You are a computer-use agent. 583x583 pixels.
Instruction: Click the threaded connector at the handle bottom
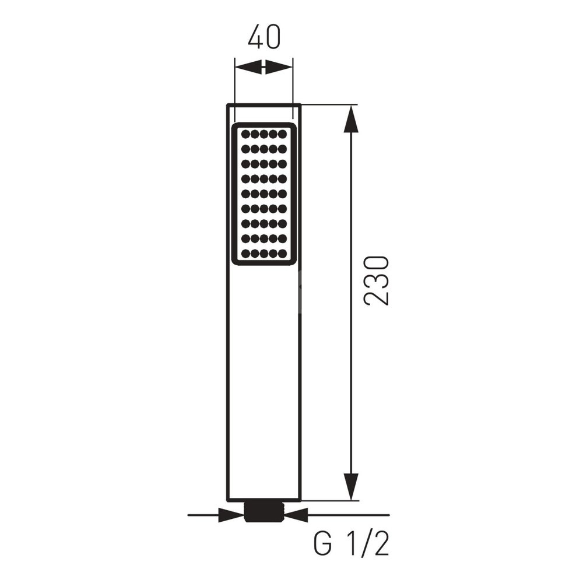[x=264, y=512]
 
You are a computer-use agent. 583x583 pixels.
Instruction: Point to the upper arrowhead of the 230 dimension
[x=351, y=119]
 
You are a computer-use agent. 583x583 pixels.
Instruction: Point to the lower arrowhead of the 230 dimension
[x=351, y=487]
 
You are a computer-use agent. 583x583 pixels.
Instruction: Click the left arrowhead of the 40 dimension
[x=249, y=68]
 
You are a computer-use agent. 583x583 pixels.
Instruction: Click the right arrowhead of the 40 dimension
[x=279, y=68]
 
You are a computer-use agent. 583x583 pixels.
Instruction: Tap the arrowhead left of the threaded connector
[x=231, y=515]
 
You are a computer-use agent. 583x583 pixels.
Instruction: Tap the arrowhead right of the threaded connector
[x=296, y=515]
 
